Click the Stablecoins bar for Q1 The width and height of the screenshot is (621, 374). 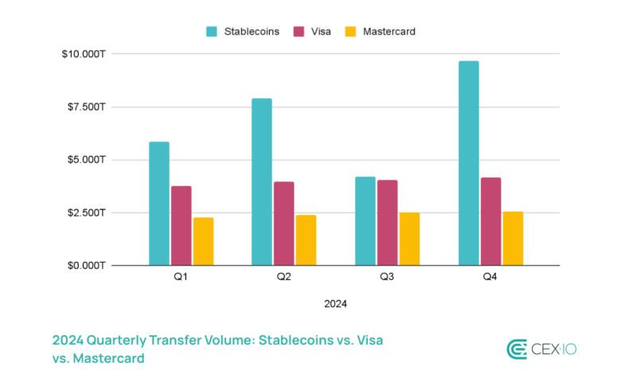[159, 204]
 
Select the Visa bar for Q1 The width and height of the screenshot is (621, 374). [182, 225]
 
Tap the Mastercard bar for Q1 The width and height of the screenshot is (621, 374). [204, 241]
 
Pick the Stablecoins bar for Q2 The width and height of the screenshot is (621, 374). [262, 181]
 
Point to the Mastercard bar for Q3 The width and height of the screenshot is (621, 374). [409, 239]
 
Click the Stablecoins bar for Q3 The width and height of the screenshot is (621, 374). [365, 221]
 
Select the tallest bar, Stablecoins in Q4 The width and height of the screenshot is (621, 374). [468, 163]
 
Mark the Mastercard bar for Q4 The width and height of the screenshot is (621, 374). [513, 239]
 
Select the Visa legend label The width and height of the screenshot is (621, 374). [320, 32]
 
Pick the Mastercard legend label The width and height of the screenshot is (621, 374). [389, 32]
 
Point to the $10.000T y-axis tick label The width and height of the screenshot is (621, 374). [84, 53]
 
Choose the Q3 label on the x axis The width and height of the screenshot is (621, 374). [387, 278]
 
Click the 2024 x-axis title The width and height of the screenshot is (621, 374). [335, 303]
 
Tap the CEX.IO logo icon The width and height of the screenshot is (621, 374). [518, 349]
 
